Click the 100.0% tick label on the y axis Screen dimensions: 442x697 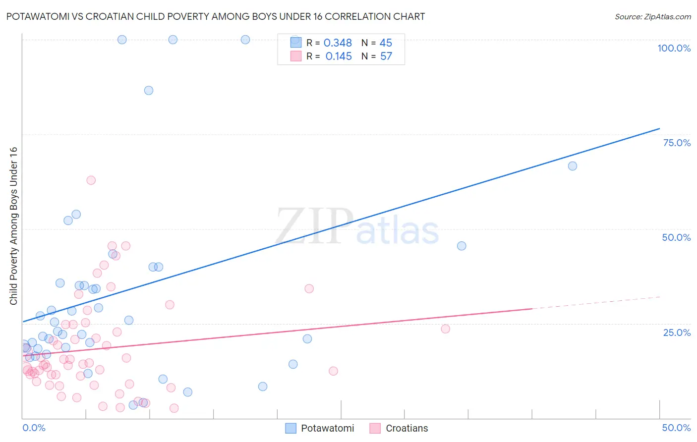pos(674,48)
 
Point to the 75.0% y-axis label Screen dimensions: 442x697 pos(677,143)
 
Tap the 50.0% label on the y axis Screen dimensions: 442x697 pos(676,237)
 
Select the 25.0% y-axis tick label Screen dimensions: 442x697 pos(677,332)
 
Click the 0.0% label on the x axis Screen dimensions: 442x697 pos(34,428)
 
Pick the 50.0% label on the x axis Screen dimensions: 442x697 pos(676,428)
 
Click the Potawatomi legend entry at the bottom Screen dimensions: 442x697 pos(327,428)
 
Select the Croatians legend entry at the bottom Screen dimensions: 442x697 pos(407,428)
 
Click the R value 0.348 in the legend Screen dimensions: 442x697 pos(338,43)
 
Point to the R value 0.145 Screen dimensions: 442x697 pos(339,56)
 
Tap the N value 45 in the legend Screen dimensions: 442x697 pos(386,43)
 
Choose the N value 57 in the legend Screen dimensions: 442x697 pos(386,56)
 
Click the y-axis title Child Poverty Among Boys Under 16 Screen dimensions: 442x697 pos(13,226)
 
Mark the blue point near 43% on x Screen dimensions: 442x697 pos(573,166)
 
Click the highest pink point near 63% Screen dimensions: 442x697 pos(91,180)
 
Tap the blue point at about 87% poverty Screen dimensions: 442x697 pos(149,90)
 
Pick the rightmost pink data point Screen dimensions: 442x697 pos(445,329)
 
